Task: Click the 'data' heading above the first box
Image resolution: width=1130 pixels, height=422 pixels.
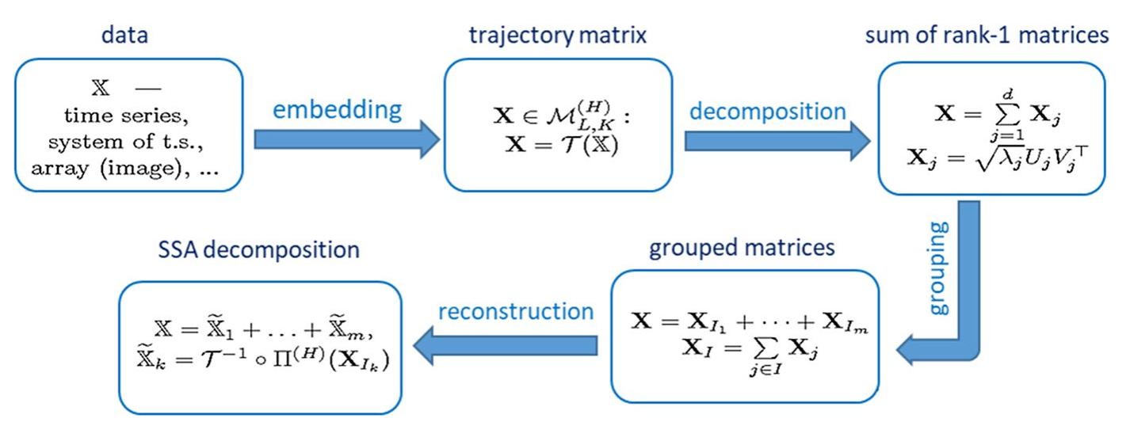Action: pyautogui.click(x=124, y=38)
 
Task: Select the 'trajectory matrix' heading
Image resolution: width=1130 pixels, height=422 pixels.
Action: pyautogui.click(x=558, y=38)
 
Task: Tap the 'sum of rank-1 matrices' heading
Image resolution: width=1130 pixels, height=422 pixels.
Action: pyautogui.click(x=1000, y=38)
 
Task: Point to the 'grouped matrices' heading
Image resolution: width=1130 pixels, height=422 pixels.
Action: pyautogui.click(x=742, y=247)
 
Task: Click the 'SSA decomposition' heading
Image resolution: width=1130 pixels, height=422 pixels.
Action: pyautogui.click(x=258, y=250)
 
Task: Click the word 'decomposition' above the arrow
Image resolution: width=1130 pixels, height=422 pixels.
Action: pyautogui.click(x=767, y=110)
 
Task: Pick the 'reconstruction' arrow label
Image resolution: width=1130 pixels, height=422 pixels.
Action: pyautogui.click(x=516, y=310)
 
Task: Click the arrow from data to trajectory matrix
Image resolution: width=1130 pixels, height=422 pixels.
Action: pyautogui.click(x=346, y=140)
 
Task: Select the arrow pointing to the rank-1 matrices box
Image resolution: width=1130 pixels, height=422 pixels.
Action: pyautogui.click(x=777, y=140)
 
